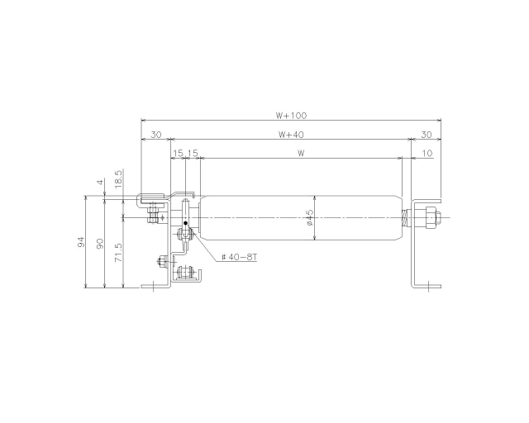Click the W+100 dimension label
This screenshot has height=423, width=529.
pos(292,116)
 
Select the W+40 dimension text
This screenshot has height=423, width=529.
pos(291,135)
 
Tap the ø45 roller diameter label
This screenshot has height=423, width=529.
pos(310,217)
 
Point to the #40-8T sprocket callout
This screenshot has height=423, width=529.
pos(239,257)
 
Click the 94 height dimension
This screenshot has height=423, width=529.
pos(81,242)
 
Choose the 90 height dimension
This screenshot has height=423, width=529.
pos(100,244)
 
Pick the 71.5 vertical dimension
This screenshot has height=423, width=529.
pos(118,253)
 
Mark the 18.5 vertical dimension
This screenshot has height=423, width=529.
pos(118,179)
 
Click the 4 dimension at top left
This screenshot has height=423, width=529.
pos(100,182)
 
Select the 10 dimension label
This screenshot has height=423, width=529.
pos(427,153)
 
